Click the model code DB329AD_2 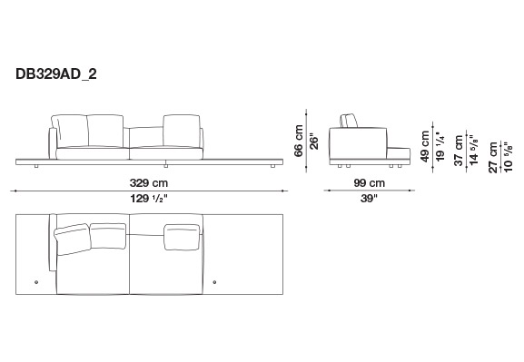tap(56, 73)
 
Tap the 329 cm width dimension tap(149, 183)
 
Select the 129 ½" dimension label tap(149, 199)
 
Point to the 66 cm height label tap(299, 141)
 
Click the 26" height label tap(314, 142)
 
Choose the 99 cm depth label tap(370, 183)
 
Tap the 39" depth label tap(369, 199)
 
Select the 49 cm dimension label tap(425, 146)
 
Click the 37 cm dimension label tap(459, 151)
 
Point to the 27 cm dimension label tap(493, 157)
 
